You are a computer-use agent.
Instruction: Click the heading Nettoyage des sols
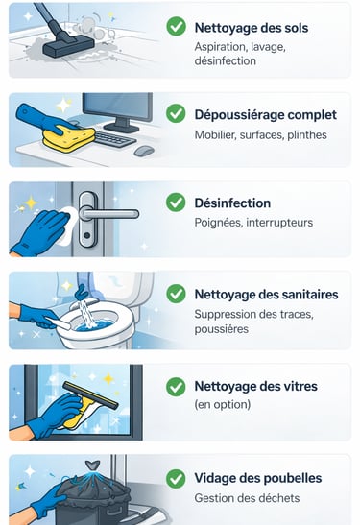[x=252, y=28]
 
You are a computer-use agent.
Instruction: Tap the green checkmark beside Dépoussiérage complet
[x=176, y=113]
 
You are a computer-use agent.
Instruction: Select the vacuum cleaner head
[x=69, y=47]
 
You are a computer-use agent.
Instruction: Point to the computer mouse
[x=144, y=151]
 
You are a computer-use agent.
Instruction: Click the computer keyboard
[x=115, y=138]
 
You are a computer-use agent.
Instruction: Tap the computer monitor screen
[x=117, y=107]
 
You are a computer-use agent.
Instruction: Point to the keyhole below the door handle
[x=87, y=235]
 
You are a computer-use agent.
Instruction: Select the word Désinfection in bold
[x=232, y=203]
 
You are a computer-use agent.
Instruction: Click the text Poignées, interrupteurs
[x=253, y=223]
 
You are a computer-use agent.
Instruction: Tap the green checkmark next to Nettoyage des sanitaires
[x=176, y=294]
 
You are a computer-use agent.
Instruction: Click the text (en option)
[x=223, y=404]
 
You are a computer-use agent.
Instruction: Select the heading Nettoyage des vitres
[x=256, y=386]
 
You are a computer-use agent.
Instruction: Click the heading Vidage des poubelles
[x=258, y=478]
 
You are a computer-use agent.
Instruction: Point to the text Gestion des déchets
[x=247, y=498]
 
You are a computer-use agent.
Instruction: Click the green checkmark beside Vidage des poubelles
[x=176, y=479]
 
